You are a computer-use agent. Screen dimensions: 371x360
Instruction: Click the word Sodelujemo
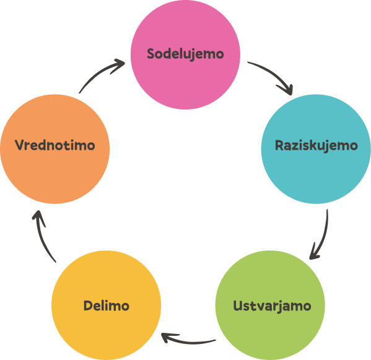[x=185, y=54]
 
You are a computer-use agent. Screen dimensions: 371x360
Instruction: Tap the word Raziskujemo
[x=316, y=145]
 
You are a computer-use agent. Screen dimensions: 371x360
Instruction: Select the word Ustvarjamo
[x=272, y=306]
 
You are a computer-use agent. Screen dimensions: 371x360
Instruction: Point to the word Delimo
[x=107, y=306]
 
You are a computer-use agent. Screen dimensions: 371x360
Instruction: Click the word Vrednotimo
[x=55, y=145]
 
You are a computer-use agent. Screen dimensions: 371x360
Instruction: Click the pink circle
[x=186, y=54]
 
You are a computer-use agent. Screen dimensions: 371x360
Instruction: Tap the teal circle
[x=316, y=149]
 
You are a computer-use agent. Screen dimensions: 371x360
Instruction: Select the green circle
[x=270, y=305]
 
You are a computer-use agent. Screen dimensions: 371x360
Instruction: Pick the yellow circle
[x=107, y=305]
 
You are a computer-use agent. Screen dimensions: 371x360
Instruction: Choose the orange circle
[x=55, y=149]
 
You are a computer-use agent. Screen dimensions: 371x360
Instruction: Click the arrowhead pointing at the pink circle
[x=119, y=64]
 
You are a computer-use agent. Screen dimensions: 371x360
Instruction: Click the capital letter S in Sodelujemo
[x=151, y=54]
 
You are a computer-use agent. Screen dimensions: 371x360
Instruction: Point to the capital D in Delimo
[x=89, y=306]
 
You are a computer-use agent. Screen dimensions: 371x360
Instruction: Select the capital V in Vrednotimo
[x=20, y=145]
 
